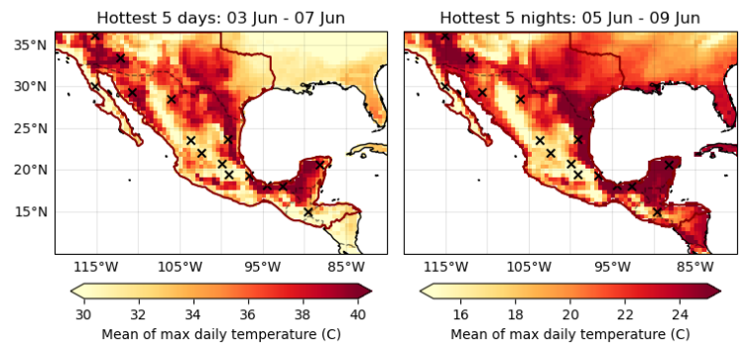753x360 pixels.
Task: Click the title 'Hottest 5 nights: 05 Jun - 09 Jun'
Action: pos(570,18)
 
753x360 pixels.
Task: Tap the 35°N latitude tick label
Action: pos(31,45)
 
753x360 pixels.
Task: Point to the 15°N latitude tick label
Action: pos(31,211)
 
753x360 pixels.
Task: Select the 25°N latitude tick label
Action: pos(31,128)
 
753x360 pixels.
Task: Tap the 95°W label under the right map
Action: pos(612,267)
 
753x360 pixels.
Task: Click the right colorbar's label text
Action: pos(570,334)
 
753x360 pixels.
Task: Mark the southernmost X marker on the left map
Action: pos(309,212)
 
